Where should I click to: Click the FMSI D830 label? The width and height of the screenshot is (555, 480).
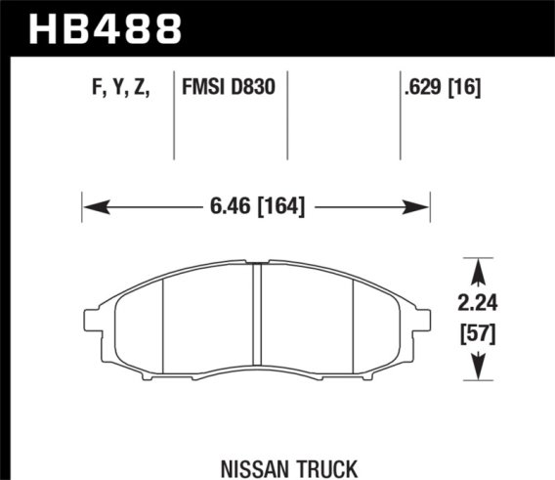(x=229, y=88)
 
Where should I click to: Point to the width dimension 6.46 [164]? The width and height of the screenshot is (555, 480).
(x=257, y=206)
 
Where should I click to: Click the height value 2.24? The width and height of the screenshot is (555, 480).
(x=477, y=301)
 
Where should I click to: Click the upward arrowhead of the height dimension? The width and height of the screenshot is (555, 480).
(x=477, y=265)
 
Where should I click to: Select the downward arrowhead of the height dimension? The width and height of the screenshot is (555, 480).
(x=477, y=371)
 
